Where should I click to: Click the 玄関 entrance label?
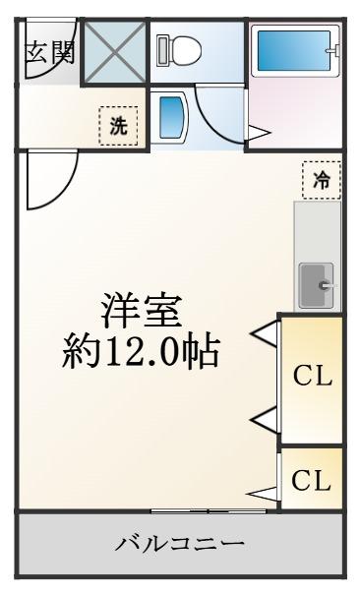50,52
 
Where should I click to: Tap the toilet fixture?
178,50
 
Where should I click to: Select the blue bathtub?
294,50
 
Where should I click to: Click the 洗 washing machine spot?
118,125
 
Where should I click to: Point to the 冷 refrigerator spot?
322,180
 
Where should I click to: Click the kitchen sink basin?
317,285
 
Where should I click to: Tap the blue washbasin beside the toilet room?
172,117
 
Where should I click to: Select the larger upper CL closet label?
313,376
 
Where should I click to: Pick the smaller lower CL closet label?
311,480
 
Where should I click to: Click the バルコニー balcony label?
180,544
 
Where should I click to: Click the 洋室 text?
142,311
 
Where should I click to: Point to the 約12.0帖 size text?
141,352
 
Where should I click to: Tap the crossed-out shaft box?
115,52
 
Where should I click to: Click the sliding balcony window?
209,510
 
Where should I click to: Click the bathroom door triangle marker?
259,133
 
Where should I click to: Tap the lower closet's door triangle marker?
262,494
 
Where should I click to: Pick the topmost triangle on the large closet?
267,333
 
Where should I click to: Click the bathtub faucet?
334,50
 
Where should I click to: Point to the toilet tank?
161,50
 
